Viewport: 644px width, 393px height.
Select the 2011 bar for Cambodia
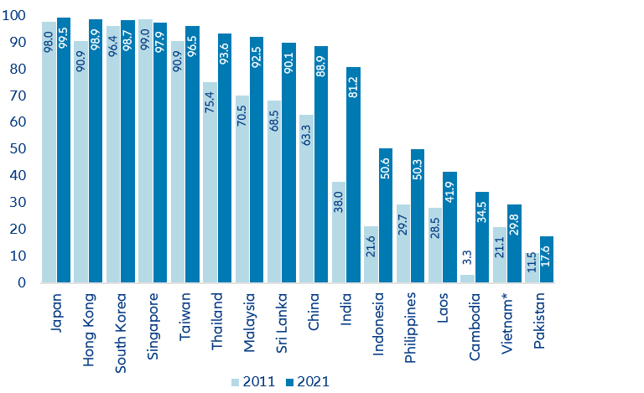[x=468, y=278]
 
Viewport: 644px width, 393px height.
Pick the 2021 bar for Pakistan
[x=546, y=259]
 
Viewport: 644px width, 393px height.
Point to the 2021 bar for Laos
[x=450, y=227]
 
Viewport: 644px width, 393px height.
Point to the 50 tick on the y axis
[x=18, y=149]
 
